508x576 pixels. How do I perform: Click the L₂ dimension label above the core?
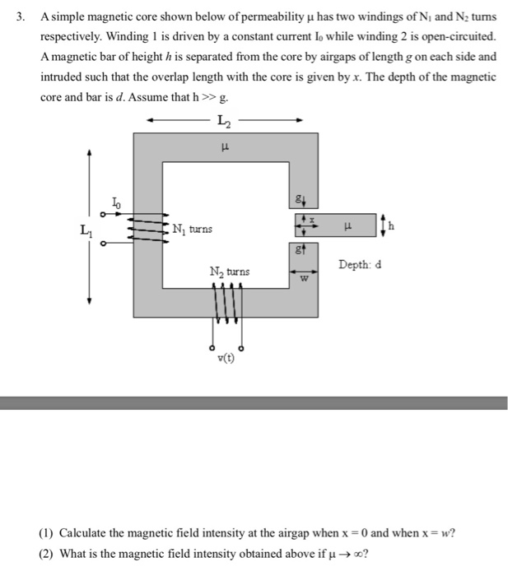(224, 122)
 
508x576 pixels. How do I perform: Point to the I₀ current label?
(116, 200)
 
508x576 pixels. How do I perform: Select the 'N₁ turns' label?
(192, 228)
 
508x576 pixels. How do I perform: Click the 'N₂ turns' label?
(229, 272)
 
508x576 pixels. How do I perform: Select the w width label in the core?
(303, 278)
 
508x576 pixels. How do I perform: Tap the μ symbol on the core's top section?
(225, 149)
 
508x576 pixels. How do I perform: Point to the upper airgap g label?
(301, 197)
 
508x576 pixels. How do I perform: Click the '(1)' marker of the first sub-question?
(47, 532)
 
